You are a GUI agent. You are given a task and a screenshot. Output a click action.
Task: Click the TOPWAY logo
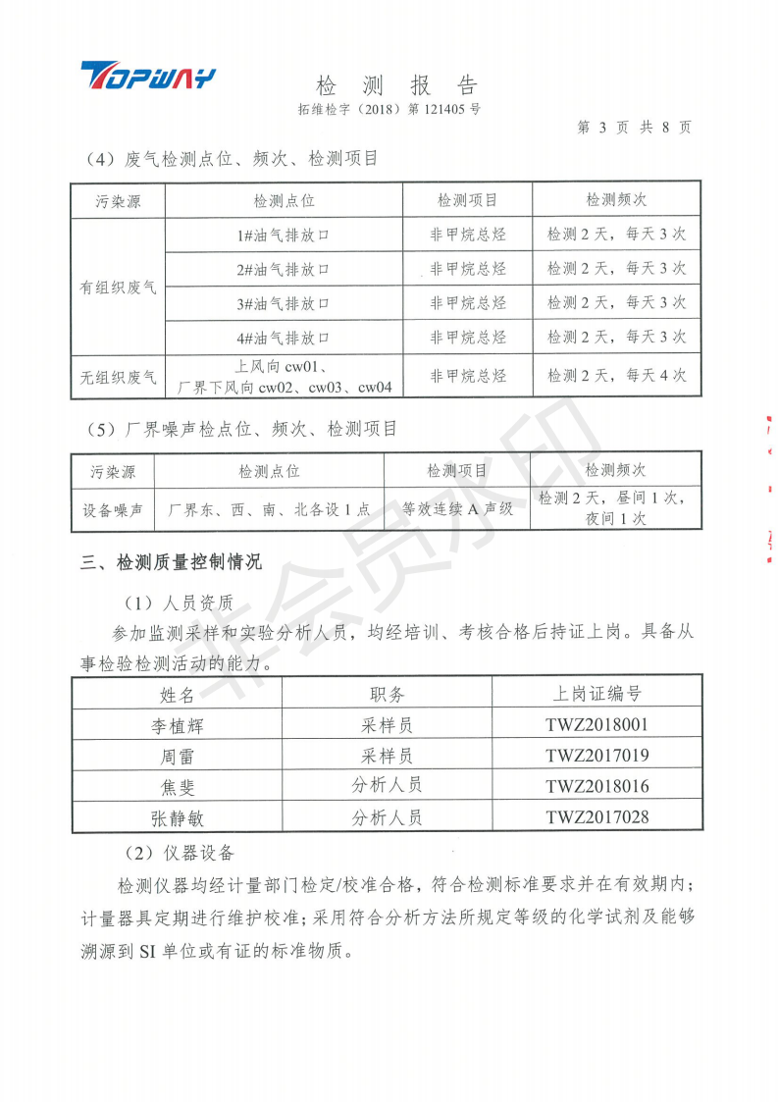tap(147, 76)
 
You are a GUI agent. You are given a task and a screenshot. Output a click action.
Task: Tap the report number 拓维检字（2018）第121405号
tap(389, 110)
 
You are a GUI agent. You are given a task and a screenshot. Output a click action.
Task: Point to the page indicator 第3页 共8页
tap(634, 128)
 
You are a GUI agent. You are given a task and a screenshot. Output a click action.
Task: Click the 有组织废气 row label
tap(118, 288)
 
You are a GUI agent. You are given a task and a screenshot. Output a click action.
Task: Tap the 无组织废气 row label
tap(118, 376)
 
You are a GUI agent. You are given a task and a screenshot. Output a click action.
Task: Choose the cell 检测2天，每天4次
tap(616, 375)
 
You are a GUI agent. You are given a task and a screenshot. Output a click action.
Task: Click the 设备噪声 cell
tap(112, 509)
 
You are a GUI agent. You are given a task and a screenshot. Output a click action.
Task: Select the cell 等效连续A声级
tap(457, 509)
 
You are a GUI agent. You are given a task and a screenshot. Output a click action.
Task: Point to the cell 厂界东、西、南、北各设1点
tap(269, 509)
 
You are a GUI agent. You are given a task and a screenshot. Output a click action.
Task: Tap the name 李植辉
tap(177, 726)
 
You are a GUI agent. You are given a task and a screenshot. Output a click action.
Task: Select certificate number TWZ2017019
tap(596, 756)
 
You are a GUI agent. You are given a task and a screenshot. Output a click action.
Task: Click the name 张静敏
tap(177, 816)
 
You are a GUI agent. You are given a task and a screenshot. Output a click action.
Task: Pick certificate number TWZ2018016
tap(596, 786)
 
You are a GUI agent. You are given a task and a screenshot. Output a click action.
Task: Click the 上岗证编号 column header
tap(596, 694)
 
